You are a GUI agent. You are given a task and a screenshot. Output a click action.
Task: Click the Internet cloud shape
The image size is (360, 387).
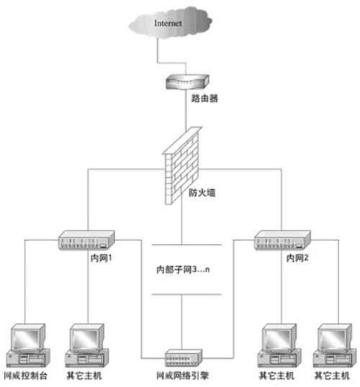(173, 25)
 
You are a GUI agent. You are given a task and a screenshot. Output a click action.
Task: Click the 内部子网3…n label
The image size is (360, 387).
(183, 270)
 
